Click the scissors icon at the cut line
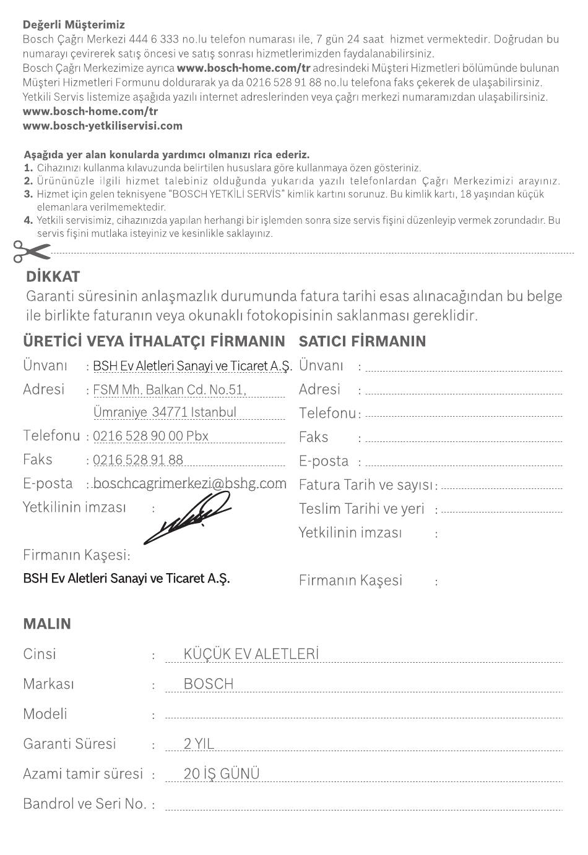coord(31,251)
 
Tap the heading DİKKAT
coord(53,276)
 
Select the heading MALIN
coord(47,624)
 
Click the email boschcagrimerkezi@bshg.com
coord(189,483)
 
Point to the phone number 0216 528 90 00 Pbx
coord(151,436)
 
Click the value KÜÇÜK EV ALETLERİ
coord(251,654)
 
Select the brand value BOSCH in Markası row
coord(209,684)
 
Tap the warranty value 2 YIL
coord(199,744)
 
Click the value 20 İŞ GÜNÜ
coord(222,774)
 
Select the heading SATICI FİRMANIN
coord(362,341)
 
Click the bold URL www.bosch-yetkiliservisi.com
coord(103,125)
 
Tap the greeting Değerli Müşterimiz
coord(74,25)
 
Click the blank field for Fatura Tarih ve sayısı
coord(501,486)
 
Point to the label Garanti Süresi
coord(69,744)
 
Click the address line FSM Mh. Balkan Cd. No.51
coord(170,390)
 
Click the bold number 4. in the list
coord(28,220)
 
